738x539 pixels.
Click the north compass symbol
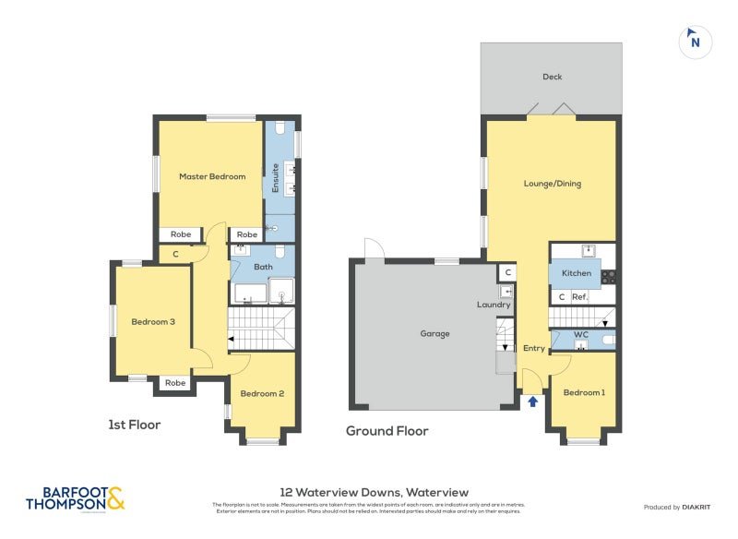[696, 42]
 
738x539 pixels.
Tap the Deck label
[552, 77]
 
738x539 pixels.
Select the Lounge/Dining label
[552, 184]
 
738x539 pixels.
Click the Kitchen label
[577, 274]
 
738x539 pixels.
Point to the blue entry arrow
[532, 401]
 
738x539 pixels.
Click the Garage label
[434, 333]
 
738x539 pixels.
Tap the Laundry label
[494, 305]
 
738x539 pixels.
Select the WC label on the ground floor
[581, 334]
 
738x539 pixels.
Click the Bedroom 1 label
[584, 393]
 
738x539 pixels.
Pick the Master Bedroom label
[212, 176]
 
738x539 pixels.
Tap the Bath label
[263, 268]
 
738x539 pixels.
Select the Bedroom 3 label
[153, 321]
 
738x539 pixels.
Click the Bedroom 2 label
[262, 393]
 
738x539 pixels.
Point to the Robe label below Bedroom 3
[175, 382]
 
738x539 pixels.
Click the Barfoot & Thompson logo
[75, 498]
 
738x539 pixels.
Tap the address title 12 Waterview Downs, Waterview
[374, 492]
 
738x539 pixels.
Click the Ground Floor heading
[387, 431]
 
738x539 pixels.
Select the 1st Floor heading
[135, 425]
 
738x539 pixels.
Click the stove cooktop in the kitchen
[608, 275]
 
